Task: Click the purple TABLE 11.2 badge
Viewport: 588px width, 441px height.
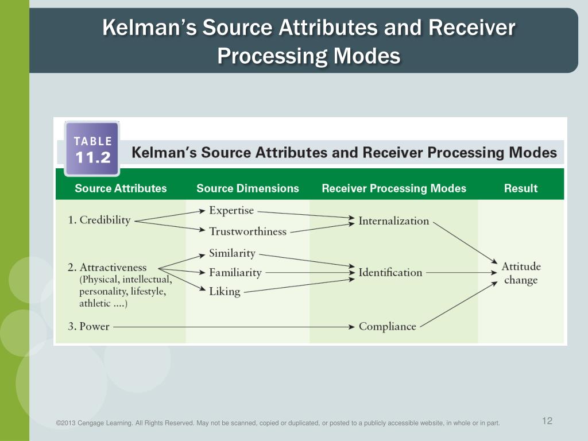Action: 92,149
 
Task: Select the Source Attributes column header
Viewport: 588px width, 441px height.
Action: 121,188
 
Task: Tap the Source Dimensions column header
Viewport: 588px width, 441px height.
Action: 247,188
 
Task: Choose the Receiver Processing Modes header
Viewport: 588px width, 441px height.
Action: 394,188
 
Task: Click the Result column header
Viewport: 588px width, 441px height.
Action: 520,188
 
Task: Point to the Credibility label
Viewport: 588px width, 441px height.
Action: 99,220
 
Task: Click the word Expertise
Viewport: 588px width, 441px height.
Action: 231,210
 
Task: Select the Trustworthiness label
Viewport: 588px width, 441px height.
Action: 247,231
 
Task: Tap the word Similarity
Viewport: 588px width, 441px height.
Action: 232,253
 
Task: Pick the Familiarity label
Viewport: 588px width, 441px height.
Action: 235,273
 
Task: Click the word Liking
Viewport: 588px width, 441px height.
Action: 225,292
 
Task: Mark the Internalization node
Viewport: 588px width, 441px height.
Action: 393,220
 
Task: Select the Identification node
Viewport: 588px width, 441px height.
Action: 390,273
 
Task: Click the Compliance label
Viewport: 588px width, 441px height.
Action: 387,327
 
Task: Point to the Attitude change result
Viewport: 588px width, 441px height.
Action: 521,273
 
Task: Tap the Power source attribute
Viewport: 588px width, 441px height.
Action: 89,327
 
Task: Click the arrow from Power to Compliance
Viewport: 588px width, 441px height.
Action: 230,327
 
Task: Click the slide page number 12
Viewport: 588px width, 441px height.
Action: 547,421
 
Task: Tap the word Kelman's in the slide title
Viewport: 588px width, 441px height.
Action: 149,28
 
